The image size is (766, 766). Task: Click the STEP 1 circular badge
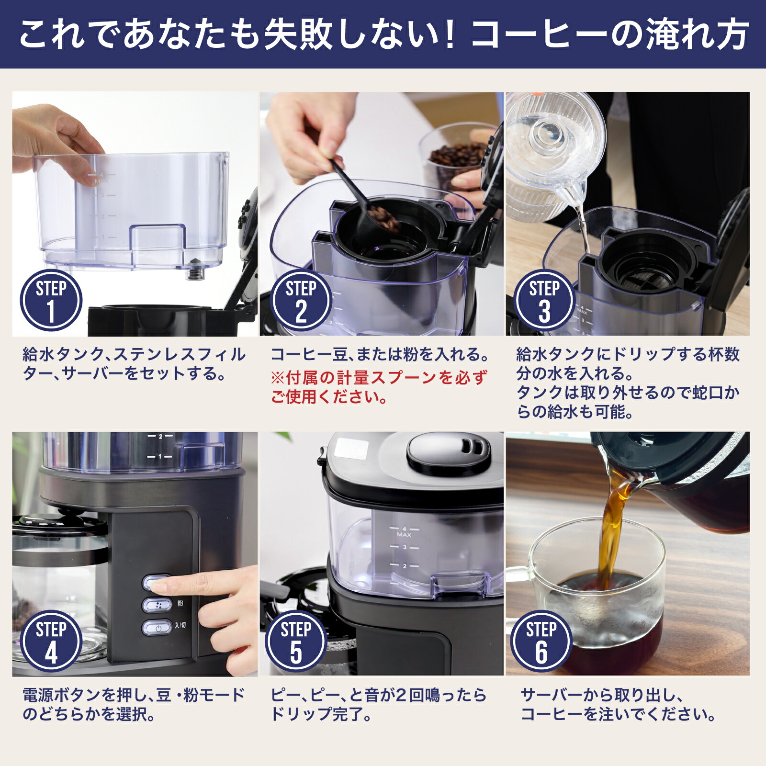(x=51, y=300)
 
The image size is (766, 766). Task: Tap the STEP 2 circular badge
(x=301, y=300)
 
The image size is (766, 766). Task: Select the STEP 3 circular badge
(x=544, y=300)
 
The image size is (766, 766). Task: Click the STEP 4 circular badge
(x=51, y=641)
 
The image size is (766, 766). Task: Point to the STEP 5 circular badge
(x=296, y=641)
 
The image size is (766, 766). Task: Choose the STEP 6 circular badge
(x=541, y=641)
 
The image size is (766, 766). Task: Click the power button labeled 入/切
(x=157, y=627)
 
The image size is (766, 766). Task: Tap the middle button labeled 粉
(x=157, y=605)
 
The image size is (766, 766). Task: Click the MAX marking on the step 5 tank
(x=404, y=534)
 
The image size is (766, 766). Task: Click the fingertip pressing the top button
(x=165, y=584)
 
